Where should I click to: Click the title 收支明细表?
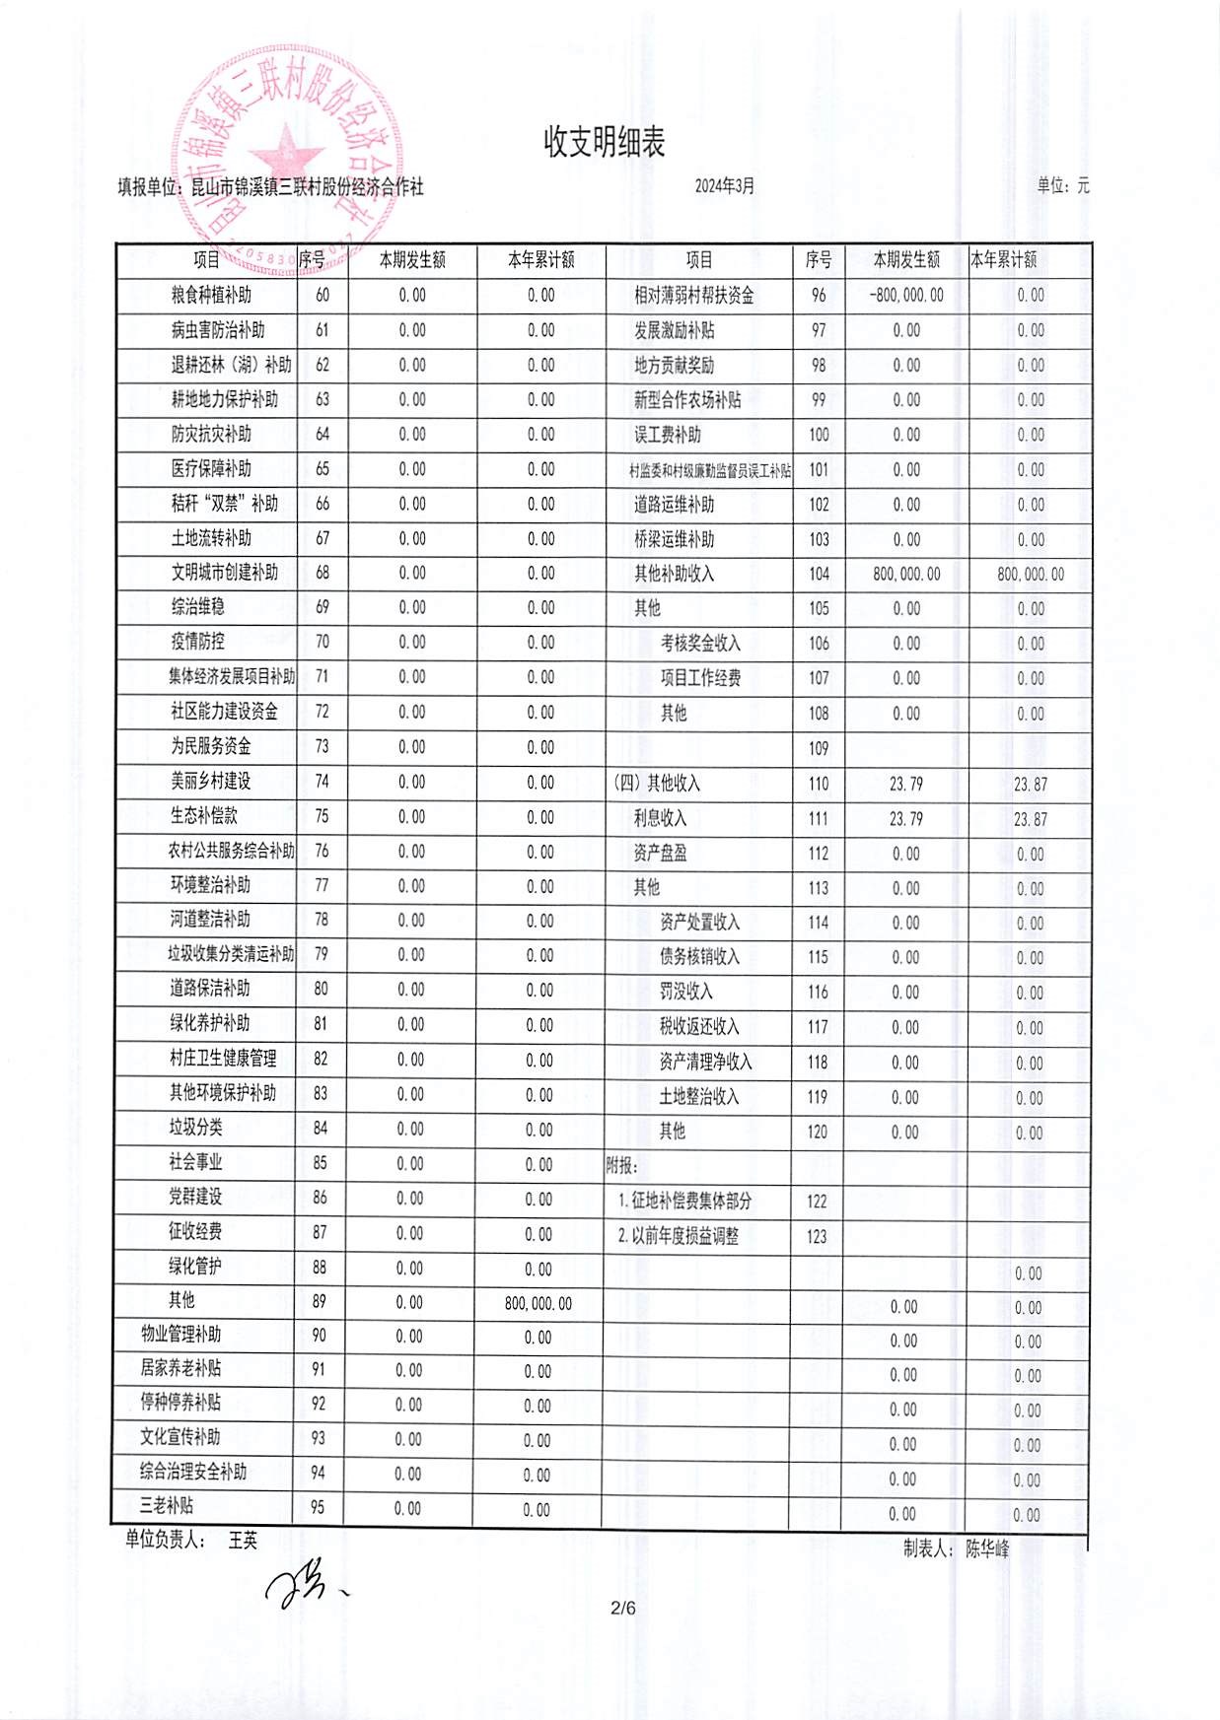[605, 143]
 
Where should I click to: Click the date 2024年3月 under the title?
[724, 186]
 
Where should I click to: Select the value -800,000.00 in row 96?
[906, 296]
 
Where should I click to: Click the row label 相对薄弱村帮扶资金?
[693, 296]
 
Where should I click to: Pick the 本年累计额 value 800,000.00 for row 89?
[538, 1303]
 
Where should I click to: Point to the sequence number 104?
[819, 575]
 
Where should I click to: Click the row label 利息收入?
[660, 818]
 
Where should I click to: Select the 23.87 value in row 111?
[1031, 819]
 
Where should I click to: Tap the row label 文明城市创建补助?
[224, 573]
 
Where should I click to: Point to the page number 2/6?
[623, 1609]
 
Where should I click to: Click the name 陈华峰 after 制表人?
[987, 1549]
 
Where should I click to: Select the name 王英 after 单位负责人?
[243, 1540]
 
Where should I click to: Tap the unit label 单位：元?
[1063, 185]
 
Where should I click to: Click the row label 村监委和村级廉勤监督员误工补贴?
[709, 471]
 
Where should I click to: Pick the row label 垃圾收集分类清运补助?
[231, 954]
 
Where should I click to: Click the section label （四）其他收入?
[656, 784]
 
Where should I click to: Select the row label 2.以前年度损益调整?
[679, 1236]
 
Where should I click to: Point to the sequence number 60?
[323, 296]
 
